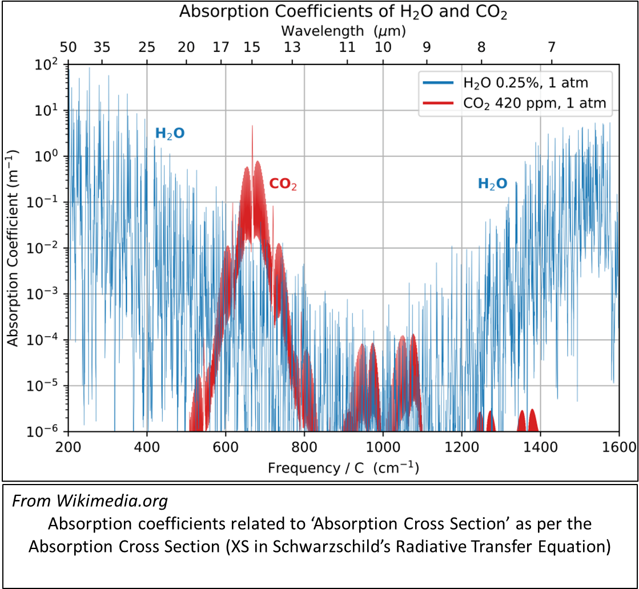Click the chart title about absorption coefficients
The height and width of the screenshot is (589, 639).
[x=343, y=11]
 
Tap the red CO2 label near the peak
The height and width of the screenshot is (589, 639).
[x=283, y=184]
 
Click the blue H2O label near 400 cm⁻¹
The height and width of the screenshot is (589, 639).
[x=170, y=134]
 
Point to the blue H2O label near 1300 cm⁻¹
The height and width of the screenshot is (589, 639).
[x=492, y=184]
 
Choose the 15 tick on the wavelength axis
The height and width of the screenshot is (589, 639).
[x=252, y=47]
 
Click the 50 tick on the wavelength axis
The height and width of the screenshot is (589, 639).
[x=68, y=47]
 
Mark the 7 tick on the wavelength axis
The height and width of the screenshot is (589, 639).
[x=550, y=47]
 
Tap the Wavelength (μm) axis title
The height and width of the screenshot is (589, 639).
[x=343, y=30]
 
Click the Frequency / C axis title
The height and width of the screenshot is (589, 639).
[x=343, y=468]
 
